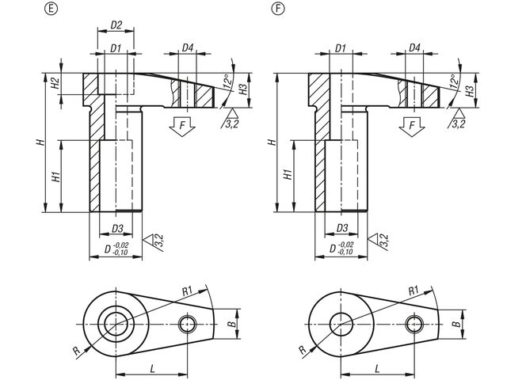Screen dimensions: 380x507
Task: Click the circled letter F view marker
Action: point(276,9)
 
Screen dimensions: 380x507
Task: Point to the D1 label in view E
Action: point(115,49)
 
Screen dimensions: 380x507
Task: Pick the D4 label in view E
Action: point(187,49)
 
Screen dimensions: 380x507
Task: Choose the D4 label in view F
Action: point(414,49)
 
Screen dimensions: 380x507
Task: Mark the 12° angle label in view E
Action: point(226,81)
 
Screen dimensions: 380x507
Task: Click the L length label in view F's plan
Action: point(376,369)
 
